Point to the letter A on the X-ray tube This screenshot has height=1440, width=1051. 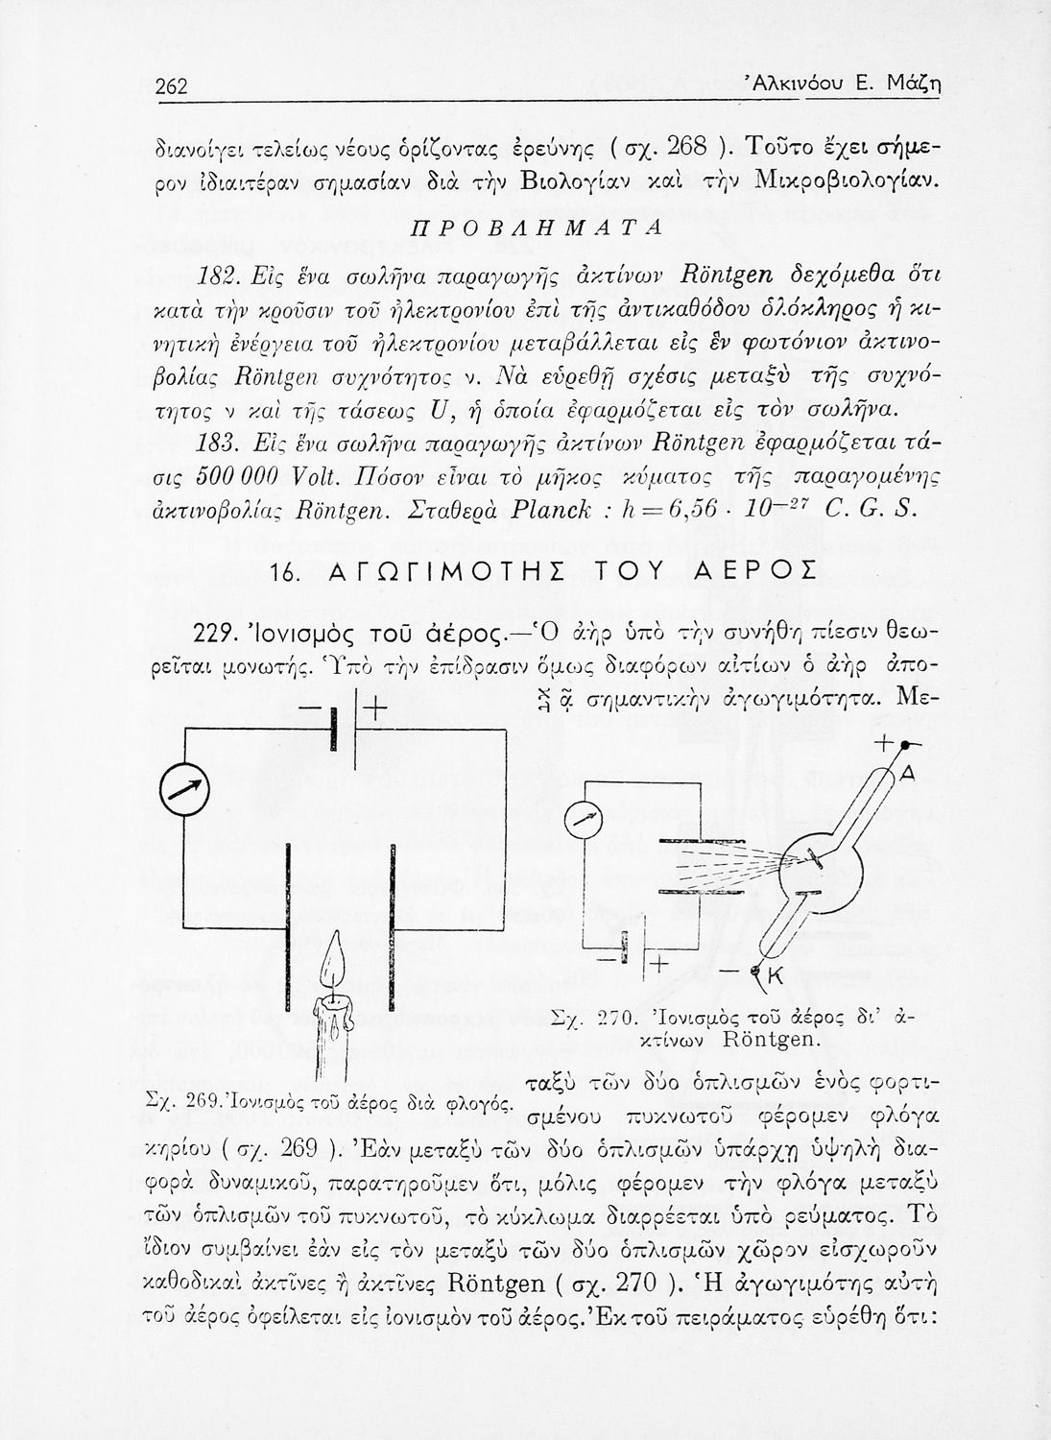coord(908,774)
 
